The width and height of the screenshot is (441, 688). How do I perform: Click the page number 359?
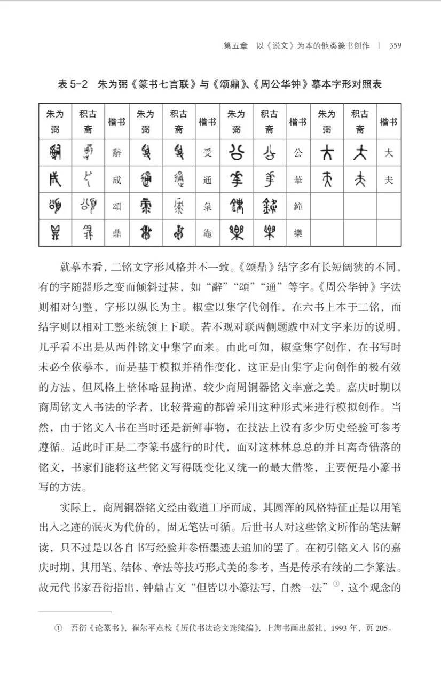(395, 45)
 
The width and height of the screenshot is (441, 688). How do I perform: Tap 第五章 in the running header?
(235, 45)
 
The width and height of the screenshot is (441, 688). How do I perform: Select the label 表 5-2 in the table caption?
(73, 85)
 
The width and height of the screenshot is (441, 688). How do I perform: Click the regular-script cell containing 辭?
(117, 153)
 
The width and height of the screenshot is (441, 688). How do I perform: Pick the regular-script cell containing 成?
(117, 180)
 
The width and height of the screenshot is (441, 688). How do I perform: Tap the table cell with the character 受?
(208, 153)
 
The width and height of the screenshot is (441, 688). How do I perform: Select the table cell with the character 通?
(208, 180)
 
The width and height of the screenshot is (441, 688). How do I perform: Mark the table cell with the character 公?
(298, 153)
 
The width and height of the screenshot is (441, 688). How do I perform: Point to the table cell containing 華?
(298, 180)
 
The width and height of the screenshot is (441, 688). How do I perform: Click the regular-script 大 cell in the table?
(388, 153)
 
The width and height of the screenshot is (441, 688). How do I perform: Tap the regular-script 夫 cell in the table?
(388, 180)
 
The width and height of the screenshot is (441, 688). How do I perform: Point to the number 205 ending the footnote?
(382, 628)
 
